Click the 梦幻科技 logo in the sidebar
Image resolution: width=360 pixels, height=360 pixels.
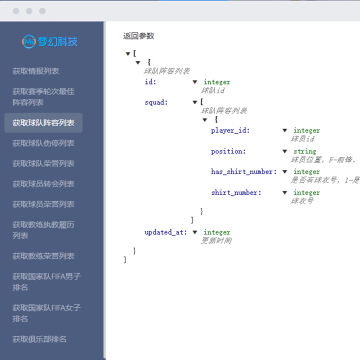(x=50, y=41)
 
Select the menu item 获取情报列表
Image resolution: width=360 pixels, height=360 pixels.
(x=36, y=71)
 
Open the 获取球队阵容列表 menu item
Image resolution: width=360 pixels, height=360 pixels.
(x=43, y=122)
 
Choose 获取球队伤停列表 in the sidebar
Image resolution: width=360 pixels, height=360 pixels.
(x=43, y=143)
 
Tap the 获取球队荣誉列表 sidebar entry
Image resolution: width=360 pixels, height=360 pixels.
(x=43, y=163)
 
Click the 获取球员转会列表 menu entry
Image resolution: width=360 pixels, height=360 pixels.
(x=43, y=184)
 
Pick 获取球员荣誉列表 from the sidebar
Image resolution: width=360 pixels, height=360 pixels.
(x=43, y=204)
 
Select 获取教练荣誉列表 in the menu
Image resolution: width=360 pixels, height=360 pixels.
(x=43, y=256)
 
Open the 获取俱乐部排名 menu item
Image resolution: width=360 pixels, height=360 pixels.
(x=39, y=339)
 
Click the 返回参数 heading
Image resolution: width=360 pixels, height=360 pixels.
(x=138, y=36)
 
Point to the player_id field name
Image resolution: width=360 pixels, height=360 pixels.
(x=230, y=130)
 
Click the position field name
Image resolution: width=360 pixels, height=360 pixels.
(x=228, y=151)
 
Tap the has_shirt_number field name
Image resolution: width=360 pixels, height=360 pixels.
(x=243, y=172)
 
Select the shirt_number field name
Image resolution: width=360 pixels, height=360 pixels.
(x=235, y=192)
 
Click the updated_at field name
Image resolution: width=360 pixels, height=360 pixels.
(x=165, y=232)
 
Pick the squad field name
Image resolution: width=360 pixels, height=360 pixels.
(x=156, y=102)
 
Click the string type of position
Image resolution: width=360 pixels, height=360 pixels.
(x=304, y=151)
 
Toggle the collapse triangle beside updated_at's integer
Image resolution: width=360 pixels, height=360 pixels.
(x=195, y=232)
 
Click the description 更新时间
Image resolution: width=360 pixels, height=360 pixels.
(x=216, y=240)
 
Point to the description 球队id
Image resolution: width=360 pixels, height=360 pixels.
(x=213, y=90)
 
